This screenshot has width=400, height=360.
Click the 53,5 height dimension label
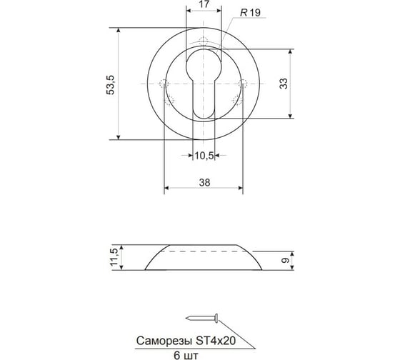point(111,85)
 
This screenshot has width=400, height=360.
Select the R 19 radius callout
point(251,13)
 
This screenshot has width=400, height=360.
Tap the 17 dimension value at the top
point(204,4)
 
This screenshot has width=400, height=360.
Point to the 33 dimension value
point(284,84)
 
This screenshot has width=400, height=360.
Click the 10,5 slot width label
point(204,156)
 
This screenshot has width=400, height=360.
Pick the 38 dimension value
point(204,182)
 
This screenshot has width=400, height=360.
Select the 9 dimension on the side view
point(285,261)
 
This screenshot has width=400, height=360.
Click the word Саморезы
point(164,341)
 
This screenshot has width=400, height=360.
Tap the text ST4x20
point(216,341)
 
